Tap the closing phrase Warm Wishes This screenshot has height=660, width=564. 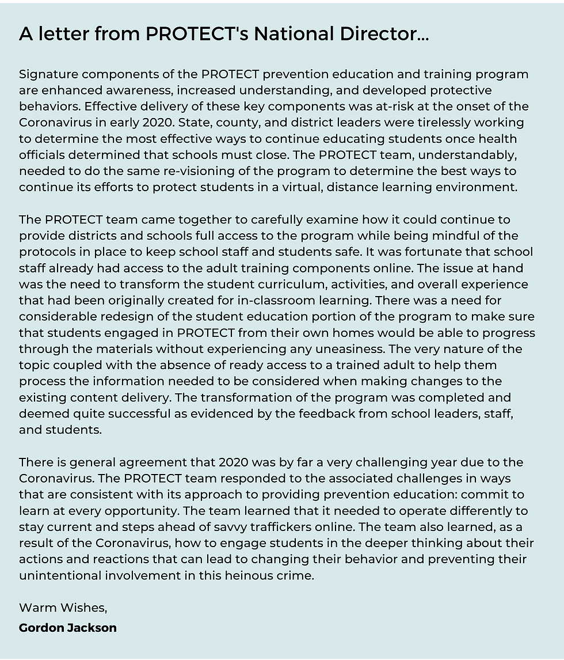pos(63,608)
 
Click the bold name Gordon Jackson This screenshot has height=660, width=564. pos(67,627)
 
